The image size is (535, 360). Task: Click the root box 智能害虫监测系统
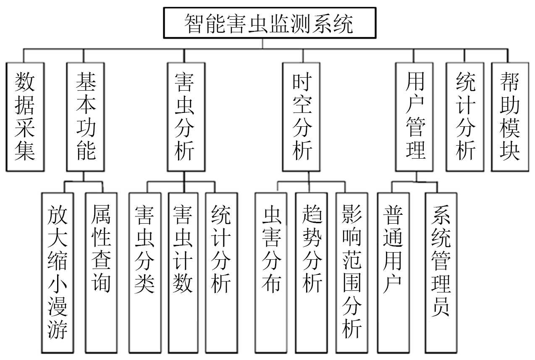click(269, 23)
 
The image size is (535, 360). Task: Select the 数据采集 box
click(25, 117)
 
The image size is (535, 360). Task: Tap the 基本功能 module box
click(86, 117)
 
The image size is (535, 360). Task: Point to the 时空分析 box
click(301, 117)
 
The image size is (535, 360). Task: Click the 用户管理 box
click(414, 117)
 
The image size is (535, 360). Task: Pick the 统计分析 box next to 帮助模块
click(465, 117)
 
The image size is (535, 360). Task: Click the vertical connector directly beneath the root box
click(263, 44)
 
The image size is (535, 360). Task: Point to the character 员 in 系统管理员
click(441, 308)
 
